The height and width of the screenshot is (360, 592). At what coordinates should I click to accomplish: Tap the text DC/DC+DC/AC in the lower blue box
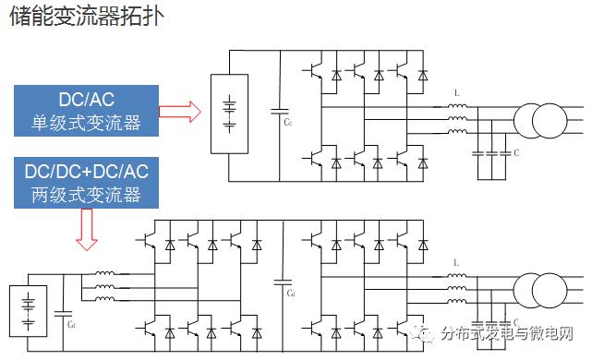coord(85,173)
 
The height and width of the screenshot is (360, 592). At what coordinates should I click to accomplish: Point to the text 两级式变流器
coord(85,195)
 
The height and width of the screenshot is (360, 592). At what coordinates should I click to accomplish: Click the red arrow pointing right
coord(178,113)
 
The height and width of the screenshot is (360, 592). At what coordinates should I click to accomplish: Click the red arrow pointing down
coord(87,230)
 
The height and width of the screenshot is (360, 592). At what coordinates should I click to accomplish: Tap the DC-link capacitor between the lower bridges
coord(282,282)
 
